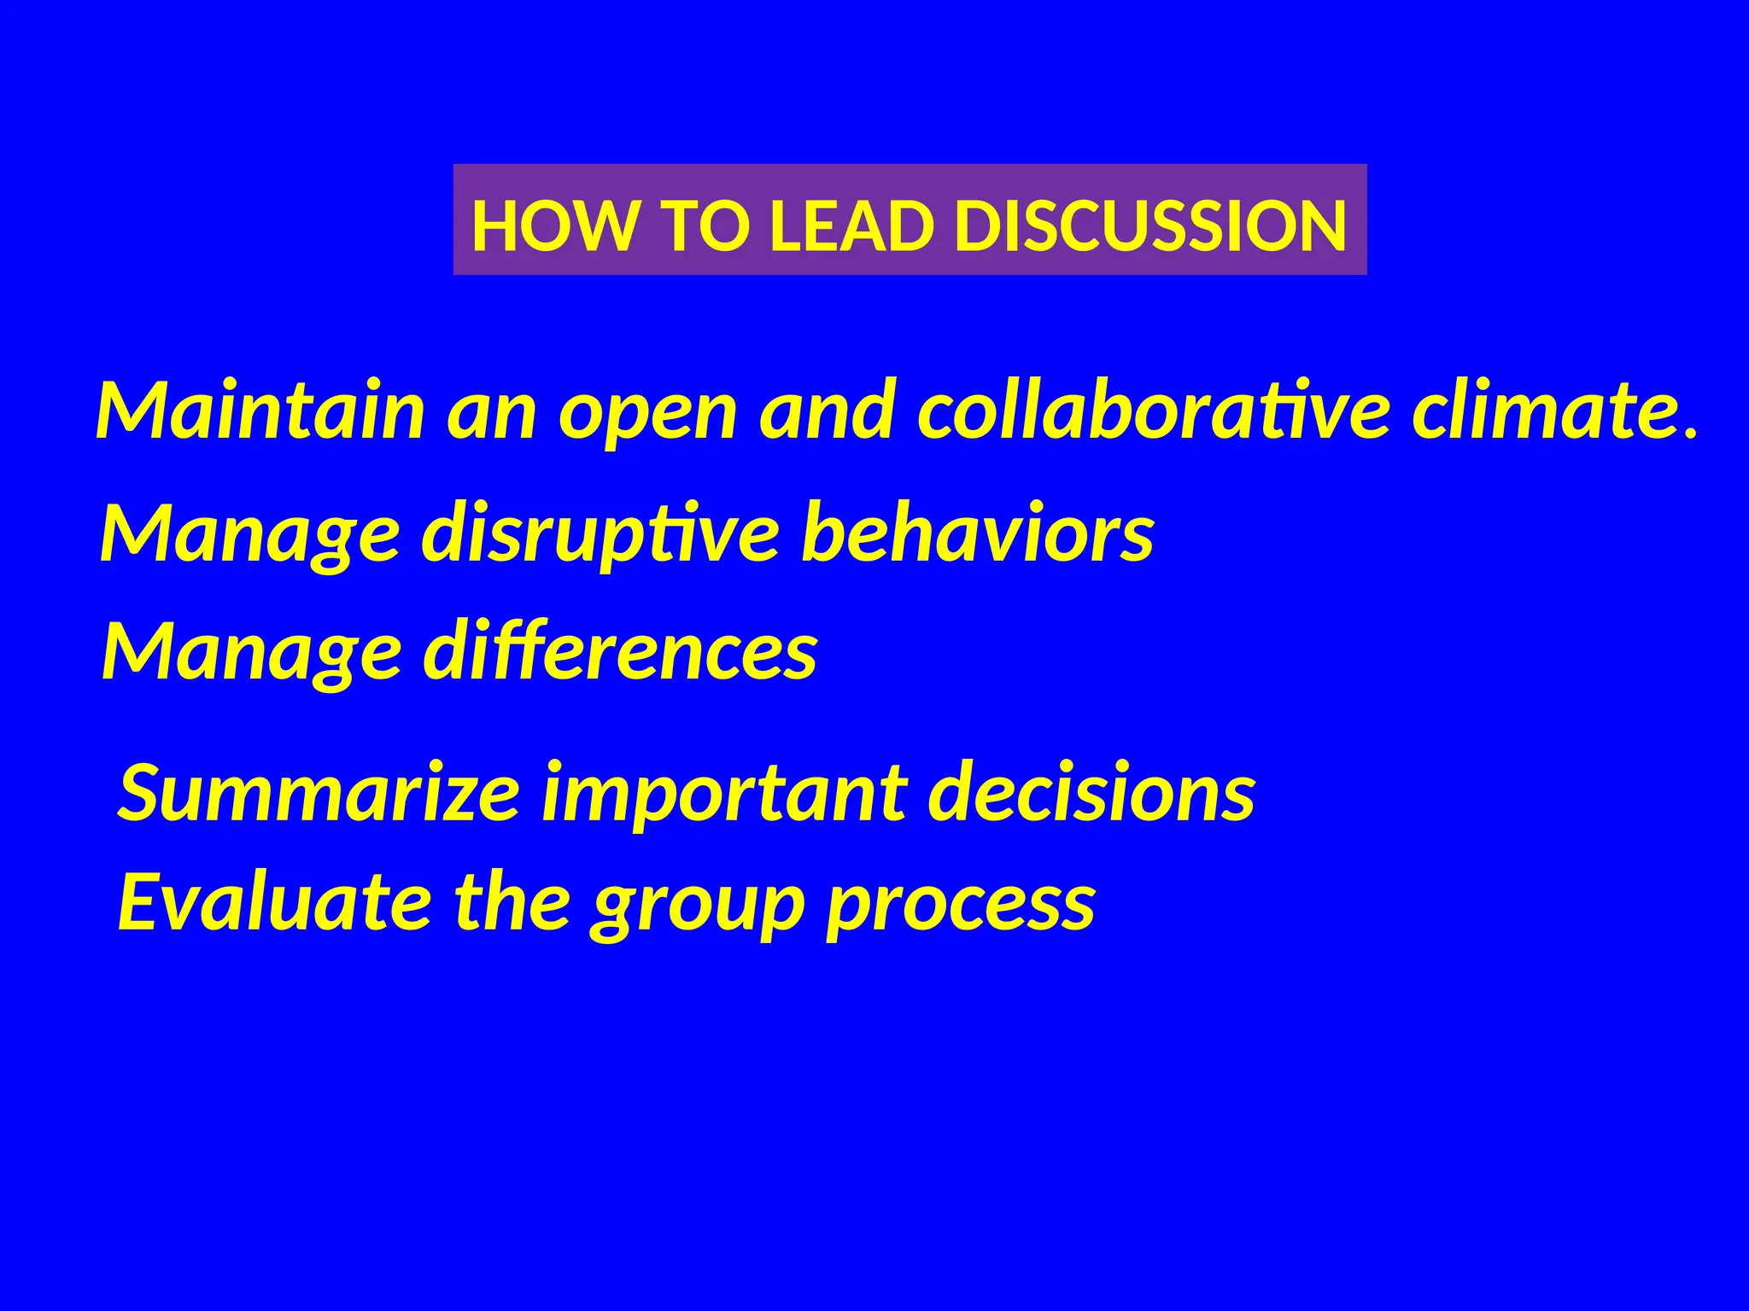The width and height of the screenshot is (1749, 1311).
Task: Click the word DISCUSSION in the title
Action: (1150, 226)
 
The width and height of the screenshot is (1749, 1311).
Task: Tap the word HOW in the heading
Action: (554, 226)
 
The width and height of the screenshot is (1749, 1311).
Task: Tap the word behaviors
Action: (978, 533)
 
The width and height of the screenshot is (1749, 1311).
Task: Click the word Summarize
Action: (319, 793)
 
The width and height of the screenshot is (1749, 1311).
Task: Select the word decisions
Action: (1091, 793)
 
